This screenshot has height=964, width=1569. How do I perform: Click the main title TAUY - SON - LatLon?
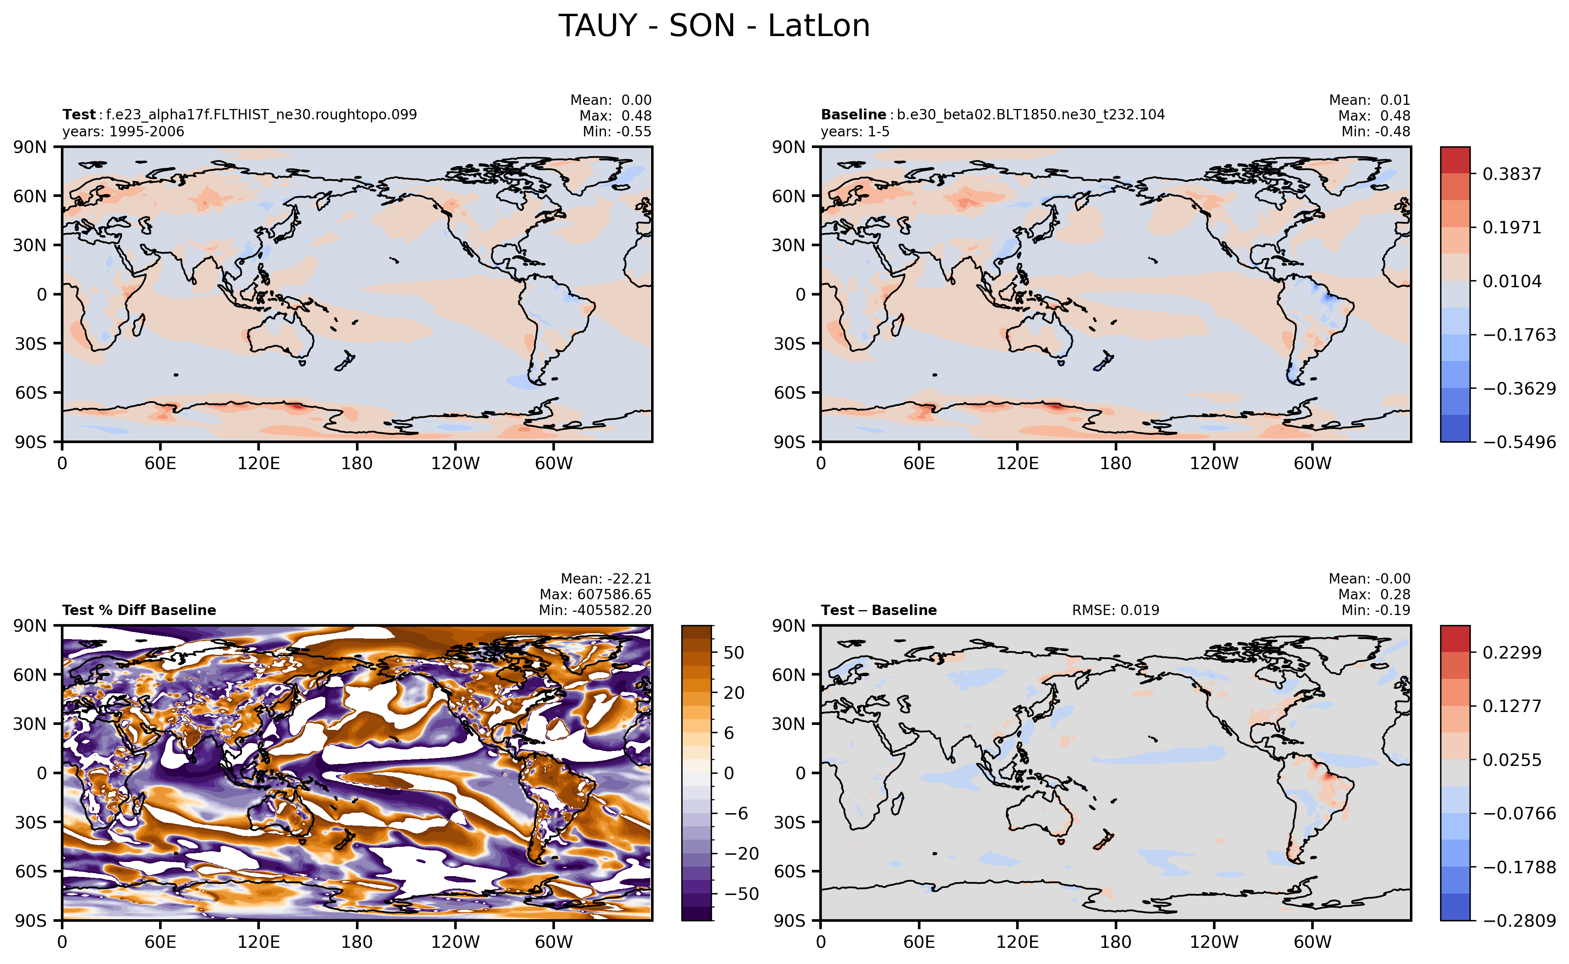tap(714, 26)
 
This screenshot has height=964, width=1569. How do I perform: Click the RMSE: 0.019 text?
tap(1115, 610)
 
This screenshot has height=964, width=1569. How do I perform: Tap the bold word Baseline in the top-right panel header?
tap(853, 115)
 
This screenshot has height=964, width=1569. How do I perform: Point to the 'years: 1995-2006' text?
tap(123, 132)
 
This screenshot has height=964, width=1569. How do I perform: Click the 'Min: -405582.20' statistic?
tap(595, 610)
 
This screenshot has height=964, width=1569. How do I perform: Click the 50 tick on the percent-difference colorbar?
tap(734, 652)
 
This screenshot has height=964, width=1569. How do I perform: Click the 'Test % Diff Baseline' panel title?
tap(139, 610)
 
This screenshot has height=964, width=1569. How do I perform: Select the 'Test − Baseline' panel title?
tap(879, 610)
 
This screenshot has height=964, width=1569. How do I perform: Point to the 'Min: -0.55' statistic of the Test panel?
tap(617, 132)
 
